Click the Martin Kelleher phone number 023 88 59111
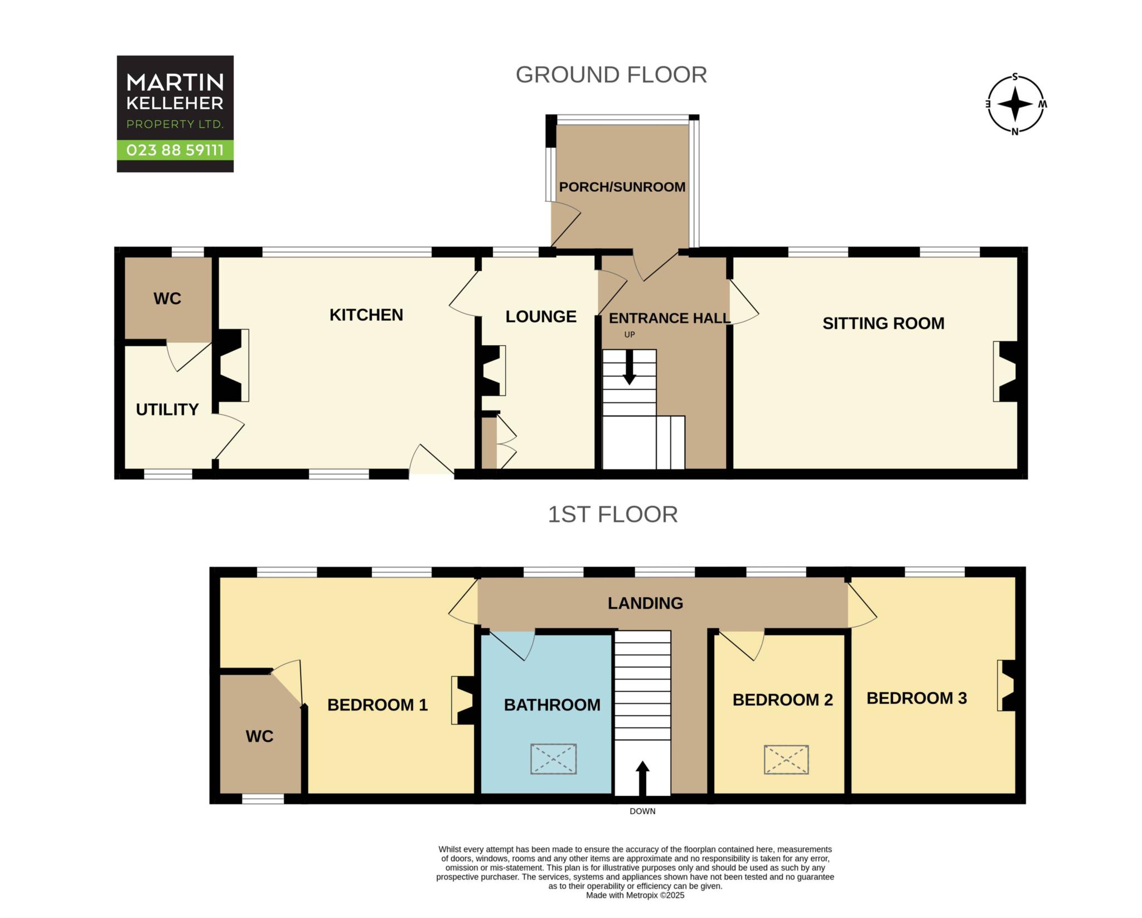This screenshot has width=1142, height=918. (175, 150)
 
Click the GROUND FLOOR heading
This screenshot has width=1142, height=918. (611, 75)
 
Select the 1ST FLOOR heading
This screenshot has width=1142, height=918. (612, 514)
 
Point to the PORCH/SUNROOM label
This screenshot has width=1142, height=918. (622, 187)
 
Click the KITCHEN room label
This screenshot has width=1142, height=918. (366, 315)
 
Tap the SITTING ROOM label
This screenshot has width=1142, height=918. (883, 323)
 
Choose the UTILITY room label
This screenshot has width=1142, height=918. (167, 410)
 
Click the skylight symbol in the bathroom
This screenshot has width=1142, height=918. (553, 758)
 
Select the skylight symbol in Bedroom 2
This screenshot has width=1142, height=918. (786, 759)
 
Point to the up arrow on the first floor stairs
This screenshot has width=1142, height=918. (643, 779)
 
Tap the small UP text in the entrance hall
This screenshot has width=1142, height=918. (630, 335)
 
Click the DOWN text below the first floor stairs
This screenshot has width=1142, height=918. (642, 811)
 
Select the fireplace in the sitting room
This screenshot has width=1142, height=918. (1005, 371)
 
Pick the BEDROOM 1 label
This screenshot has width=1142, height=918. (378, 706)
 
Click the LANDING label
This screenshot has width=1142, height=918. (645, 603)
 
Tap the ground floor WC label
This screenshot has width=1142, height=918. (167, 299)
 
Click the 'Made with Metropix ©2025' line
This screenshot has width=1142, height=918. (635, 896)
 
